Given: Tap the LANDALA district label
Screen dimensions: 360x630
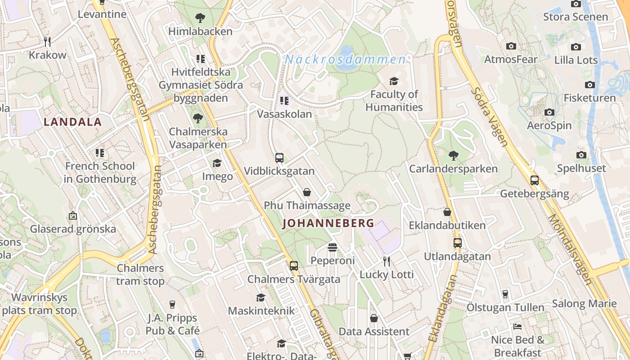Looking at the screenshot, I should (72, 121).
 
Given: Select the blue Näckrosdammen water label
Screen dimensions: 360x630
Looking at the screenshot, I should (345, 59).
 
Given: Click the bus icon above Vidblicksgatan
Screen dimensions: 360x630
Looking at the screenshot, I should (279, 158).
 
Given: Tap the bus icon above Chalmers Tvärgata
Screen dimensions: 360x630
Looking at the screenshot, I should (294, 265).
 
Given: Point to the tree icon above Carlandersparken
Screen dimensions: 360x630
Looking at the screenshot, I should (453, 156).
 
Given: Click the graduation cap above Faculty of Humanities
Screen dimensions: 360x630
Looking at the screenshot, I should (394, 81).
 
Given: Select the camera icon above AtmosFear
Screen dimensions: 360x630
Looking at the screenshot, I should (511, 46).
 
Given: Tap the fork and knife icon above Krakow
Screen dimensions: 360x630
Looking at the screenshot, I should (47, 41).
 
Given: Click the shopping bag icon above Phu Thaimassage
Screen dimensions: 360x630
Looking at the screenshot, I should (307, 192).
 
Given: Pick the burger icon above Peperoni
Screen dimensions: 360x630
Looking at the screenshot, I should (333, 247).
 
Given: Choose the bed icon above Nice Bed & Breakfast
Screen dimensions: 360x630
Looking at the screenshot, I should (517, 326).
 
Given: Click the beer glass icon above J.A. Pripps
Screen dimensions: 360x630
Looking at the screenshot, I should (172, 305).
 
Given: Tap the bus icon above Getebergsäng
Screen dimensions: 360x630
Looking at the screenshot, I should (535, 180).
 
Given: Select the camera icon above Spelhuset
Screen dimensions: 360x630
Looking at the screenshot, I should (581, 155).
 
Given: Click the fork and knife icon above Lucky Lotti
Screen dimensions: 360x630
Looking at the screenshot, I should (386, 261).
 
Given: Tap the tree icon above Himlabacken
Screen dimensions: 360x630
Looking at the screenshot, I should (200, 18).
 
